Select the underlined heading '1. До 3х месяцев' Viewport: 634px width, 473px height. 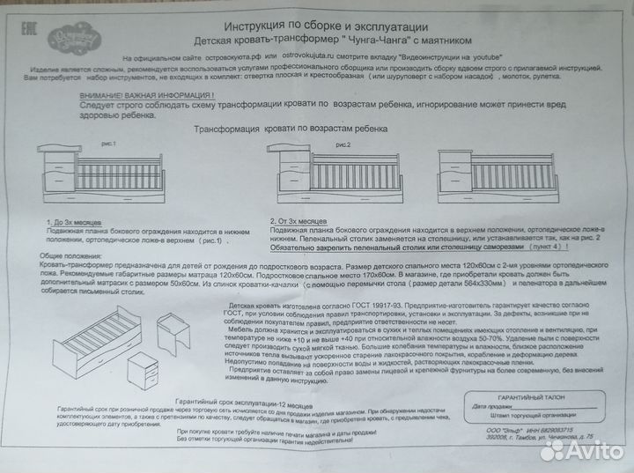point(76,221)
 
